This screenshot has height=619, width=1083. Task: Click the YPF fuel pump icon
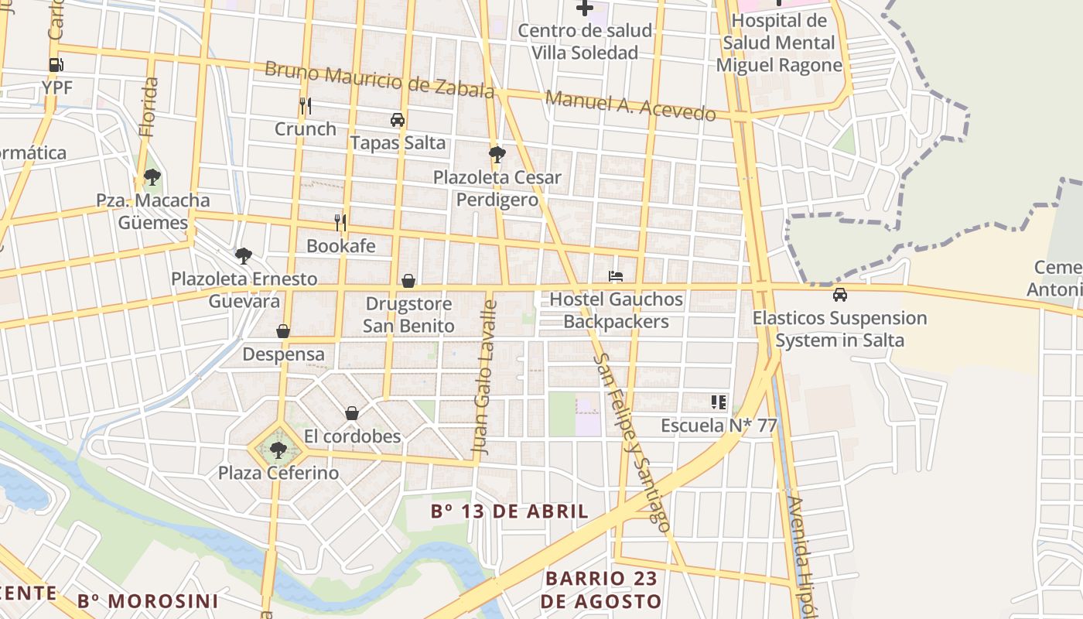(x=56, y=65)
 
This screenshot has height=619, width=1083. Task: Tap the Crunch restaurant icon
(x=306, y=106)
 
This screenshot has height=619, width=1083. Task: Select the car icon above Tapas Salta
(x=398, y=120)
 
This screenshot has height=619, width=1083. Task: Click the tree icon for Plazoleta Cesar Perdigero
(x=497, y=155)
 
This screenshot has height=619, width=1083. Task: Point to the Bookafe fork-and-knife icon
(x=340, y=223)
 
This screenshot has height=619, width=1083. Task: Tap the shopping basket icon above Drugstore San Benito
(x=408, y=281)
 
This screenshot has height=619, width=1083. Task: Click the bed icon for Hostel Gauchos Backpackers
(x=616, y=276)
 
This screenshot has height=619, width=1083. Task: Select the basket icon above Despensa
(x=283, y=331)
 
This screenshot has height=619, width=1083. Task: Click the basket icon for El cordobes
(x=352, y=413)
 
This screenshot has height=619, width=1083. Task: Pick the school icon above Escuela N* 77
(x=719, y=402)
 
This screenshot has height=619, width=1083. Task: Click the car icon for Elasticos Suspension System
(x=839, y=295)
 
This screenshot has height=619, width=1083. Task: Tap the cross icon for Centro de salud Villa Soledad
(x=585, y=9)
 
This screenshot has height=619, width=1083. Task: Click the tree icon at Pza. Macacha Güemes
(x=152, y=177)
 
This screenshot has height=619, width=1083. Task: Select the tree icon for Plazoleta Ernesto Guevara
(x=244, y=255)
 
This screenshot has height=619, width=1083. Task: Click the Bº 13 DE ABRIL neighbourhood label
(x=510, y=511)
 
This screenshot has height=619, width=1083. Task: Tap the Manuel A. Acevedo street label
(x=630, y=106)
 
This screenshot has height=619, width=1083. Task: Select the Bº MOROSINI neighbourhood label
(x=148, y=601)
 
